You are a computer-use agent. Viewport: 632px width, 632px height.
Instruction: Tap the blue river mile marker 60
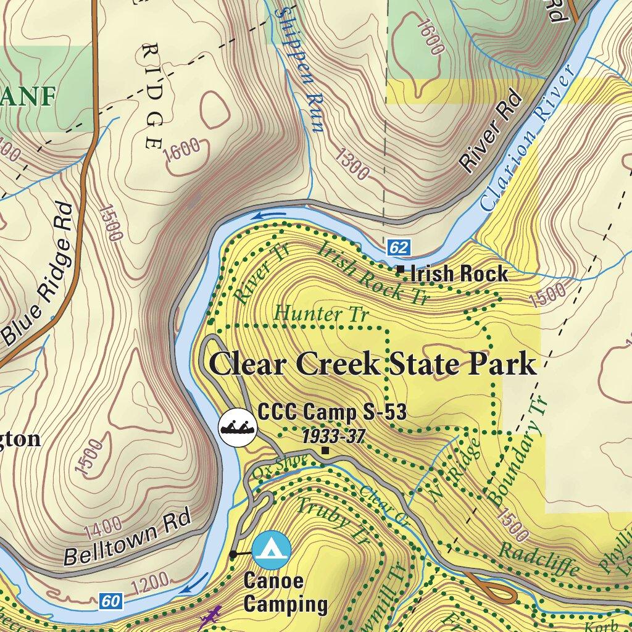coord(109,599)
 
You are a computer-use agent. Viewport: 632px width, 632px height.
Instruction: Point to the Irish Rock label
coord(459,273)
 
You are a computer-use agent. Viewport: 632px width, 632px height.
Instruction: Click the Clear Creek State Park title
coord(373,364)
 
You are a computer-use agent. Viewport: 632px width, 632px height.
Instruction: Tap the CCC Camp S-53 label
coord(332,411)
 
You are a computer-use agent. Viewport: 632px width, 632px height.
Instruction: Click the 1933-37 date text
coord(333,437)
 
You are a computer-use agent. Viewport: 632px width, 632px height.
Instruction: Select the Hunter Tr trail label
coord(321,314)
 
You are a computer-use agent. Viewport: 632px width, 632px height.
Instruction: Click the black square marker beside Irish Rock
coord(401,269)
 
